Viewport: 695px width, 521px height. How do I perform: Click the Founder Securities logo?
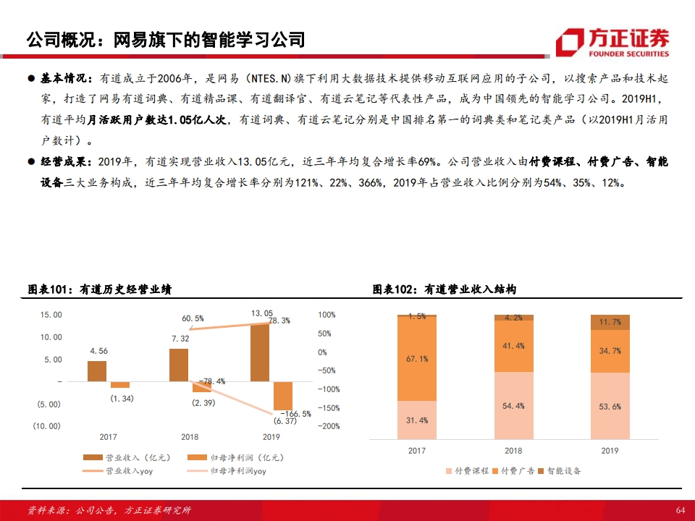[612, 42]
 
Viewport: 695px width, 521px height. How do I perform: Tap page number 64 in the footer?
[680, 510]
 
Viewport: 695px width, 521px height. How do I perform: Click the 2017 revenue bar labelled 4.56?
[97, 370]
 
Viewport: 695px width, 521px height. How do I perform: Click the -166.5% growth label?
[295, 414]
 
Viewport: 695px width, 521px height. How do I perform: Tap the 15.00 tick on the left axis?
[51, 315]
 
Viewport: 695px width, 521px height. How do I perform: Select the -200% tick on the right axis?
[329, 426]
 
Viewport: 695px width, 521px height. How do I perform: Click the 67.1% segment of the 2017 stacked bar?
[417, 358]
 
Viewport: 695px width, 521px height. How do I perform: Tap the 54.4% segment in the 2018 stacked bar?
[513, 405]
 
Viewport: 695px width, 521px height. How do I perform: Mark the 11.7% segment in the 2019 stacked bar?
[610, 323]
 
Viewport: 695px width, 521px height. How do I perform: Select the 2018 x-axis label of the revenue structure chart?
[513, 451]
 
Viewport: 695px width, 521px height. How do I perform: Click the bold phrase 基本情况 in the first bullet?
[64, 78]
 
